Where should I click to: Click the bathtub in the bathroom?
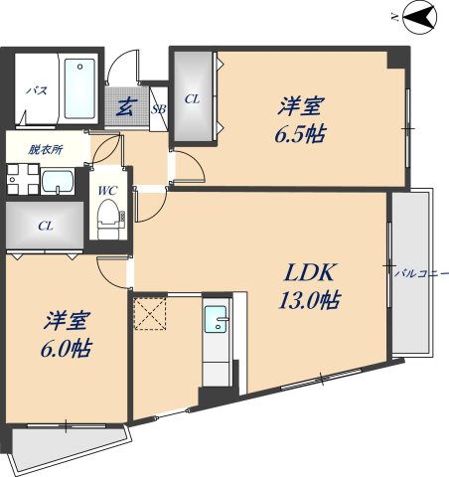click(79, 86)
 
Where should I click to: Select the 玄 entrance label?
click(126, 106)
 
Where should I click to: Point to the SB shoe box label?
click(158, 108)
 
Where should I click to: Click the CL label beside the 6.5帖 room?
click(192, 98)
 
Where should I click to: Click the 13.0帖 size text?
click(308, 301)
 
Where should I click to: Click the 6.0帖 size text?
click(69, 349)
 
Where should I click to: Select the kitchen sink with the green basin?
click(217, 320)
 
